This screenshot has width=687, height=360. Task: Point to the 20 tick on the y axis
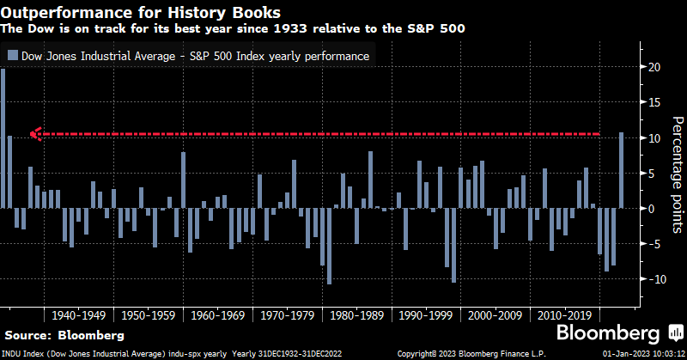[x=654, y=67]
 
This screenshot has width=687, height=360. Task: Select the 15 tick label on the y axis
[x=654, y=102]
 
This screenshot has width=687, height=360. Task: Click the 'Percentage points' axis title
[x=675, y=172]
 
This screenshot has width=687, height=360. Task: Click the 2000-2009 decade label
[x=492, y=315]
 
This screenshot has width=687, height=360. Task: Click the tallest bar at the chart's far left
[x=3, y=137]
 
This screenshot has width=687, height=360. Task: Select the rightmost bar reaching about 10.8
[x=621, y=170]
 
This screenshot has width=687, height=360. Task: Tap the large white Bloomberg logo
[x=609, y=333]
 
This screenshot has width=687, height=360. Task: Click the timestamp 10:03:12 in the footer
[x=666, y=354]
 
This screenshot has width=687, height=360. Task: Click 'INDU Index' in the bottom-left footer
[x=20, y=354]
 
